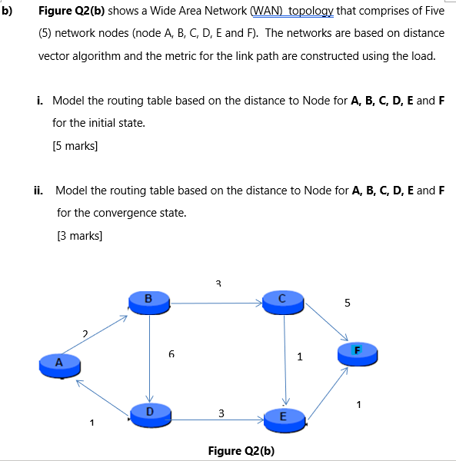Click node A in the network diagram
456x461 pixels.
point(58,363)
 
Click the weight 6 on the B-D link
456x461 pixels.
point(171,354)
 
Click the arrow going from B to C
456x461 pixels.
point(216,303)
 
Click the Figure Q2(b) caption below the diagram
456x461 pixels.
point(241,450)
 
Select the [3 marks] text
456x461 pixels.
point(79,236)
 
